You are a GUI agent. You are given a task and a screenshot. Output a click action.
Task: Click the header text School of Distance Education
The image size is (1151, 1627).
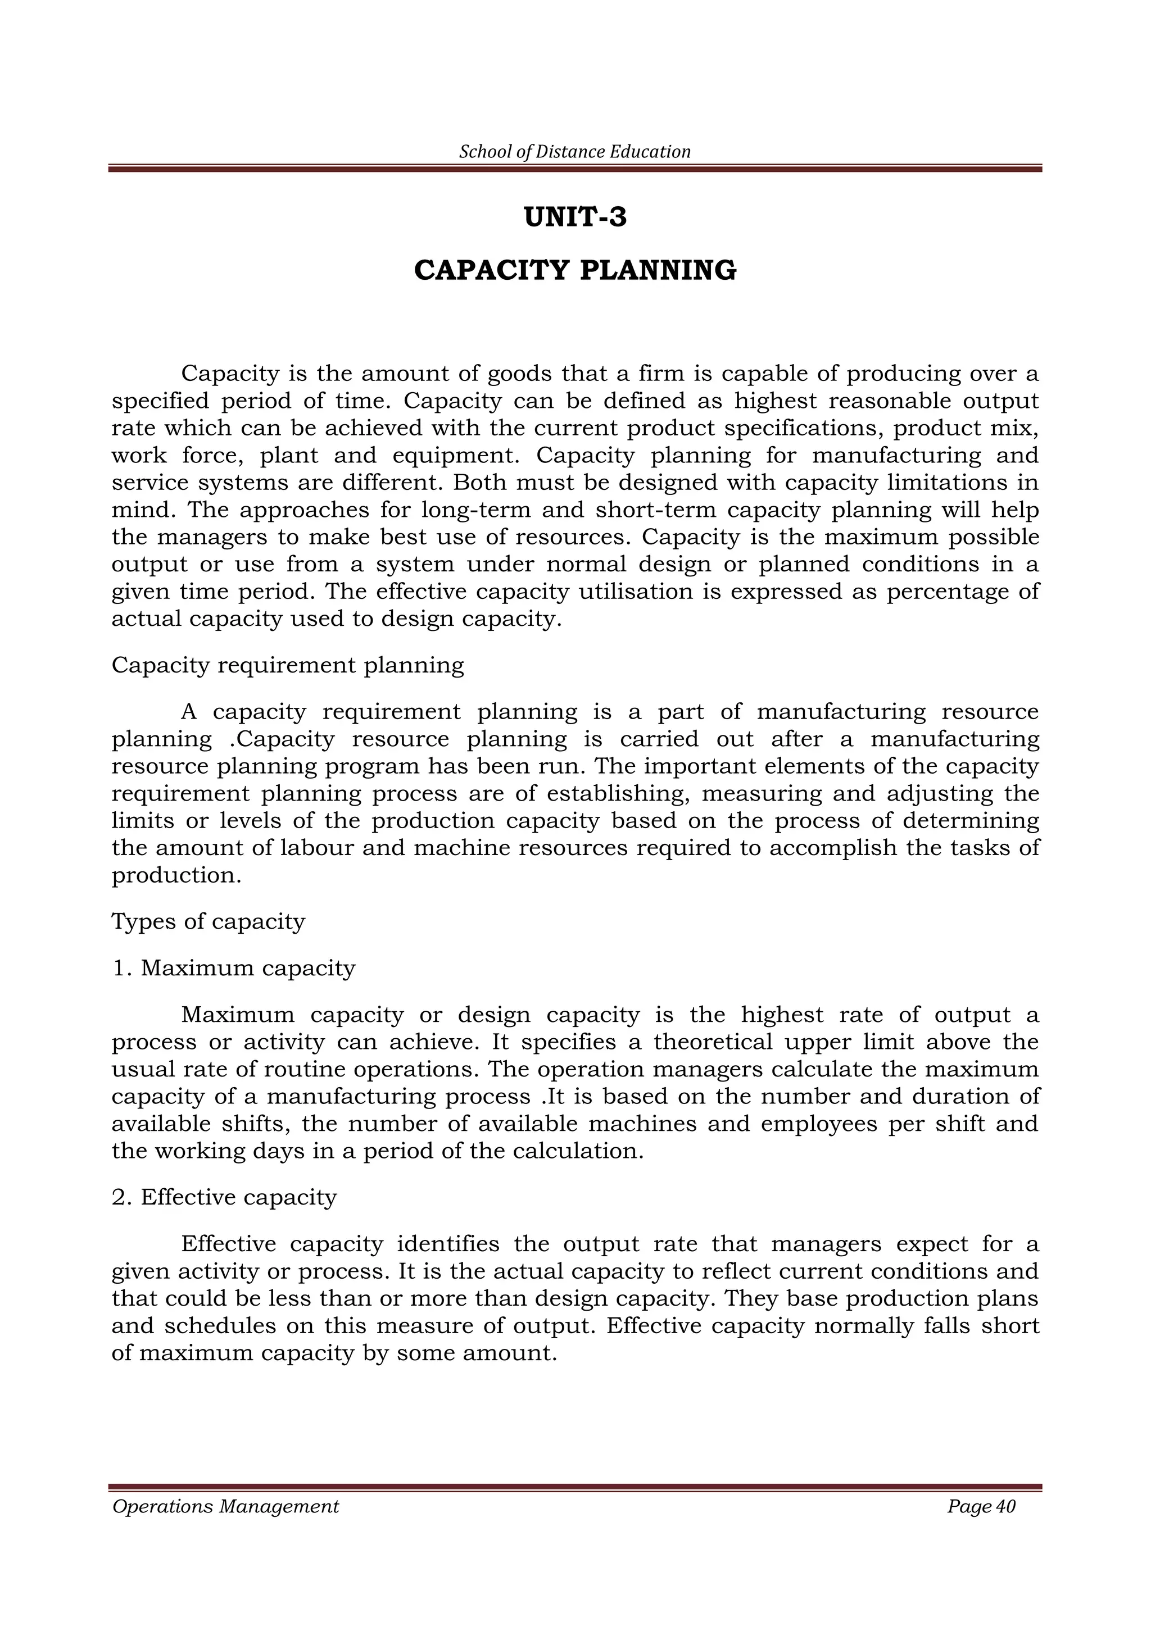[575, 152]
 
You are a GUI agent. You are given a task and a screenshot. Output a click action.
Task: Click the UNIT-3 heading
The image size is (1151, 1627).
[575, 217]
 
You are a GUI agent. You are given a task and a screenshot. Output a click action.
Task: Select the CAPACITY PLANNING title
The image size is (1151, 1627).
[575, 271]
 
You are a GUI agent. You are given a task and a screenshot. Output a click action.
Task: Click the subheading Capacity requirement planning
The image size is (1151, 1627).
[288, 665]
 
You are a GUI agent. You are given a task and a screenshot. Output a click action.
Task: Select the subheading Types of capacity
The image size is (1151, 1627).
[209, 921]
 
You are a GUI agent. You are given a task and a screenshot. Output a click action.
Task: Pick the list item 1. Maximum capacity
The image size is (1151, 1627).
[234, 968]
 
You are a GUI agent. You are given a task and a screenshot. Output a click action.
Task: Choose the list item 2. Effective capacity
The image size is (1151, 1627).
[225, 1198]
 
